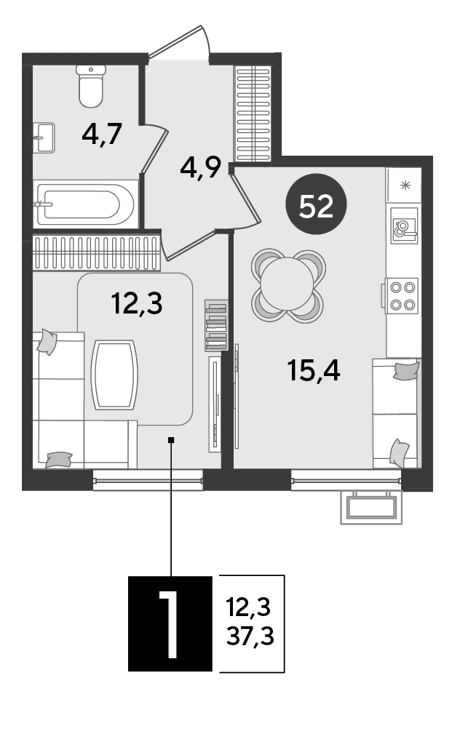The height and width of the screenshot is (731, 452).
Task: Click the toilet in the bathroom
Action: pos(91,87)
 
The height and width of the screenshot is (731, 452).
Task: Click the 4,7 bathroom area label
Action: pos(102,134)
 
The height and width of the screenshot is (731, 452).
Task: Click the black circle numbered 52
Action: pos(317,204)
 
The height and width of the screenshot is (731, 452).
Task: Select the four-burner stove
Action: pos(401,295)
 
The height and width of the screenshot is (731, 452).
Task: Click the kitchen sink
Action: pos(403,229)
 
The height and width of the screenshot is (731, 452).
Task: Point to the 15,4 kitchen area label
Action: pos(314,370)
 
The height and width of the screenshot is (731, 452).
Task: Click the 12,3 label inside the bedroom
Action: pos(137,303)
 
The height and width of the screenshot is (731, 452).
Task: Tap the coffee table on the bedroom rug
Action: pos(115,375)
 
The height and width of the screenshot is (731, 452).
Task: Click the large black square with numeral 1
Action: pos(170,624)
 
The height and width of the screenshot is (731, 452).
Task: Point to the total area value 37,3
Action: pos(250,636)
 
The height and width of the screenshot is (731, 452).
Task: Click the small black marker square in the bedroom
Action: pos(171,439)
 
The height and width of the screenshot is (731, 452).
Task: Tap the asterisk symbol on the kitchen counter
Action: pos(405,185)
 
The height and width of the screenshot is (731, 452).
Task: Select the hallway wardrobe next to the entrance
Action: pos(253,113)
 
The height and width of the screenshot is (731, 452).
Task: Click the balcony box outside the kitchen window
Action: pos(371,507)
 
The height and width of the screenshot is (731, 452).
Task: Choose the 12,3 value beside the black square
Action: pos(248,607)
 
